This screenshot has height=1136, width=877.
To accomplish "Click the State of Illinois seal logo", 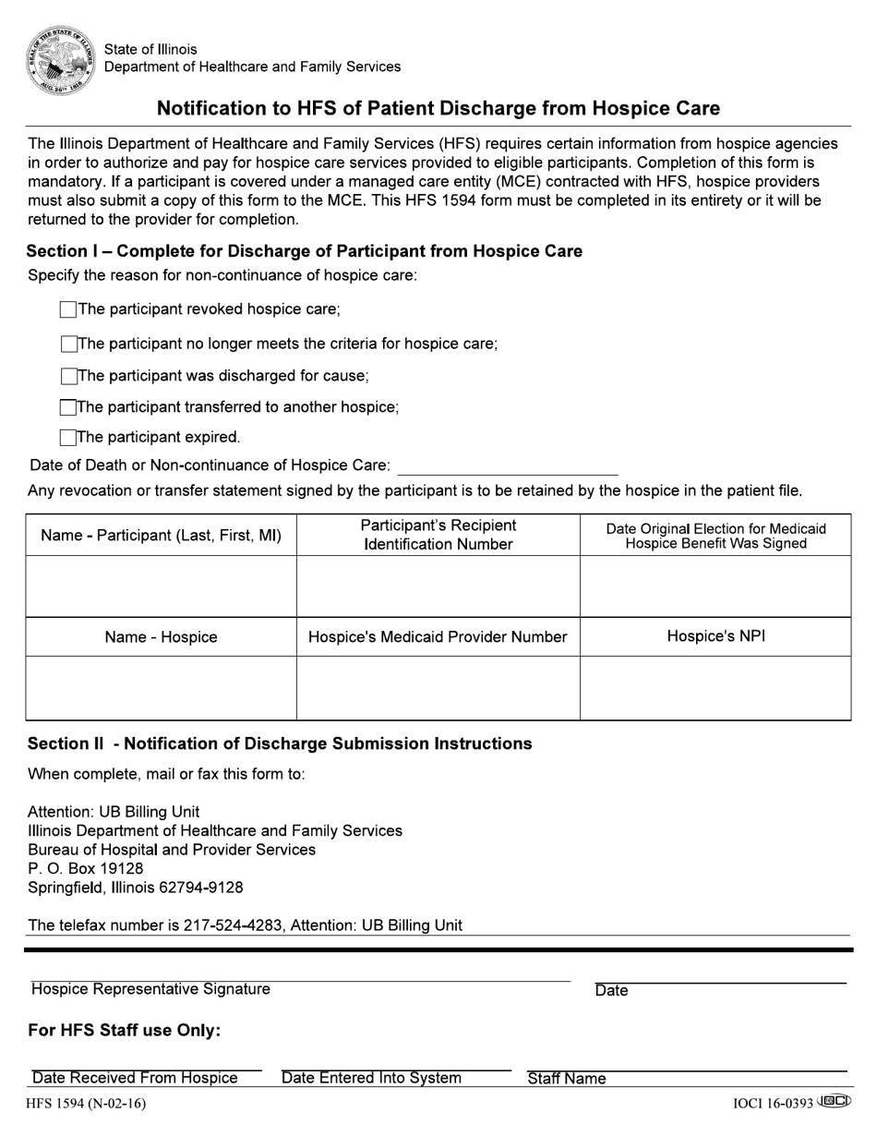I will coord(60,58).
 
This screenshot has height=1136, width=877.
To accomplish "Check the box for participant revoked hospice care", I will coord(67,309).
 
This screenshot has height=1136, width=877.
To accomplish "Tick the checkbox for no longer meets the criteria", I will coord(69,344).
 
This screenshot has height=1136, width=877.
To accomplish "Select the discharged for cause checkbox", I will coord(69,376).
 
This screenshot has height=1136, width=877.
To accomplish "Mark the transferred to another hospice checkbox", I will coord(68,407).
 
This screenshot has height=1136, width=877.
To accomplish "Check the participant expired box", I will coord(68,437).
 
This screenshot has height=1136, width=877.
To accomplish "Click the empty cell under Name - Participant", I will coord(161,586).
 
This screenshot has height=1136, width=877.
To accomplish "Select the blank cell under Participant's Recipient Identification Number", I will coord(438,586).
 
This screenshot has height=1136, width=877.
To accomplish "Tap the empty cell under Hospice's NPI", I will coord(715,688).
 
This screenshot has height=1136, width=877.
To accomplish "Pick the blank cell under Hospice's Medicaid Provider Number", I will coord(438,688).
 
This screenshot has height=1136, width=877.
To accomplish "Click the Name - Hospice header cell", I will coord(161,637).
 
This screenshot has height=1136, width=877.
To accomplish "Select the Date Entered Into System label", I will coord(371,1079).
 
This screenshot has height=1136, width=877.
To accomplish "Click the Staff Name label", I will coord(567,1079).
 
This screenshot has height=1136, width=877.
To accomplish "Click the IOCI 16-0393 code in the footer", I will coord(774,1103).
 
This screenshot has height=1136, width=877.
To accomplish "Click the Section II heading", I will coord(280,744).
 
